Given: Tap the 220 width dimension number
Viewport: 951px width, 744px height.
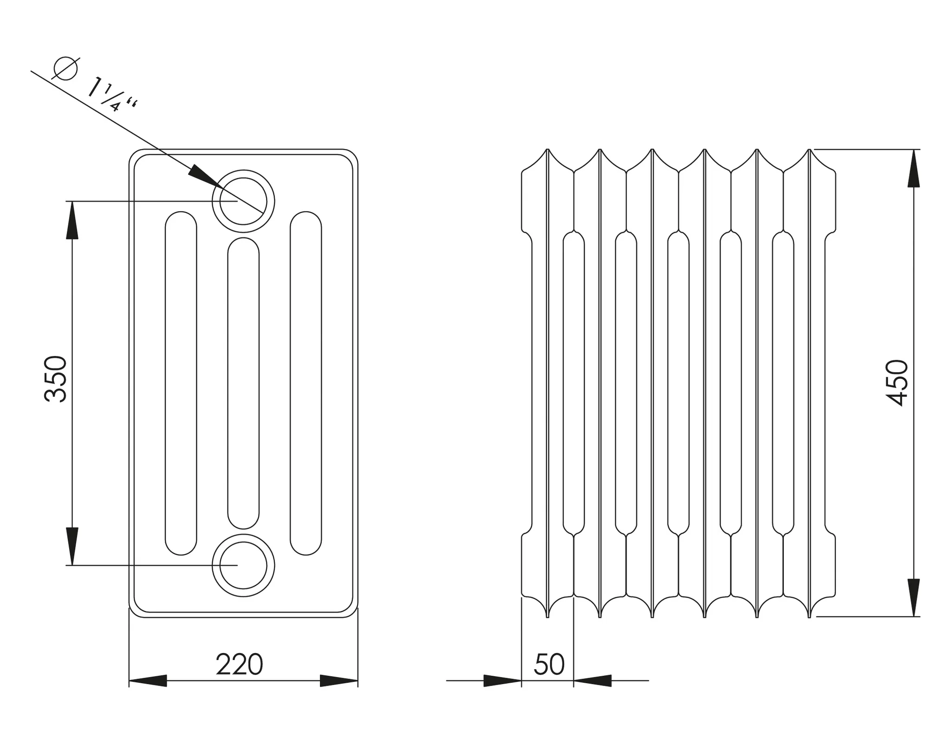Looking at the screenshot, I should tap(239, 665).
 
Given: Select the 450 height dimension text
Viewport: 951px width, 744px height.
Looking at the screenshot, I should tap(896, 382).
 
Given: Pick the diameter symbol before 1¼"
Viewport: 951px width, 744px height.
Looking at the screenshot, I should tap(65, 69).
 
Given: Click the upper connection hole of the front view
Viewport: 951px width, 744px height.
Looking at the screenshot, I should tap(243, 201).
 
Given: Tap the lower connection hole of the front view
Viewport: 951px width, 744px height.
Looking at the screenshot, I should tap(243, 565).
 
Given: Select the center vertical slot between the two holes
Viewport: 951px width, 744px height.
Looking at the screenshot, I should tap(243, 383).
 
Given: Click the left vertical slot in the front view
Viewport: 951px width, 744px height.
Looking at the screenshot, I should tap(181, 383).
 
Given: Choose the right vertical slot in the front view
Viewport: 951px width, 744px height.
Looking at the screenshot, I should tap(306, 383).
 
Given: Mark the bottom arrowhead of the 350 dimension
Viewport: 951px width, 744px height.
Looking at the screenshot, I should tap(72, 546).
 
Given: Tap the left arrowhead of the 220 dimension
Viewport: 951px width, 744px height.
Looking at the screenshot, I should tap(148, 681).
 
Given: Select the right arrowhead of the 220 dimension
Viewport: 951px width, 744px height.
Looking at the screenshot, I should tap(339, 681).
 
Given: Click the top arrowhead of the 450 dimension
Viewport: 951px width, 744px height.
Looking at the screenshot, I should tap(913, 168).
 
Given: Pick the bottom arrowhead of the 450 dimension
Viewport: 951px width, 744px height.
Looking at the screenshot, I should tap(913, 597).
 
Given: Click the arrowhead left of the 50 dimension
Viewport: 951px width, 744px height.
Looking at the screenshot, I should tap(502, 681).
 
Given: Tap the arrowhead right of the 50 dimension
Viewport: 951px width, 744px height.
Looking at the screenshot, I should tap(593, 681).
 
